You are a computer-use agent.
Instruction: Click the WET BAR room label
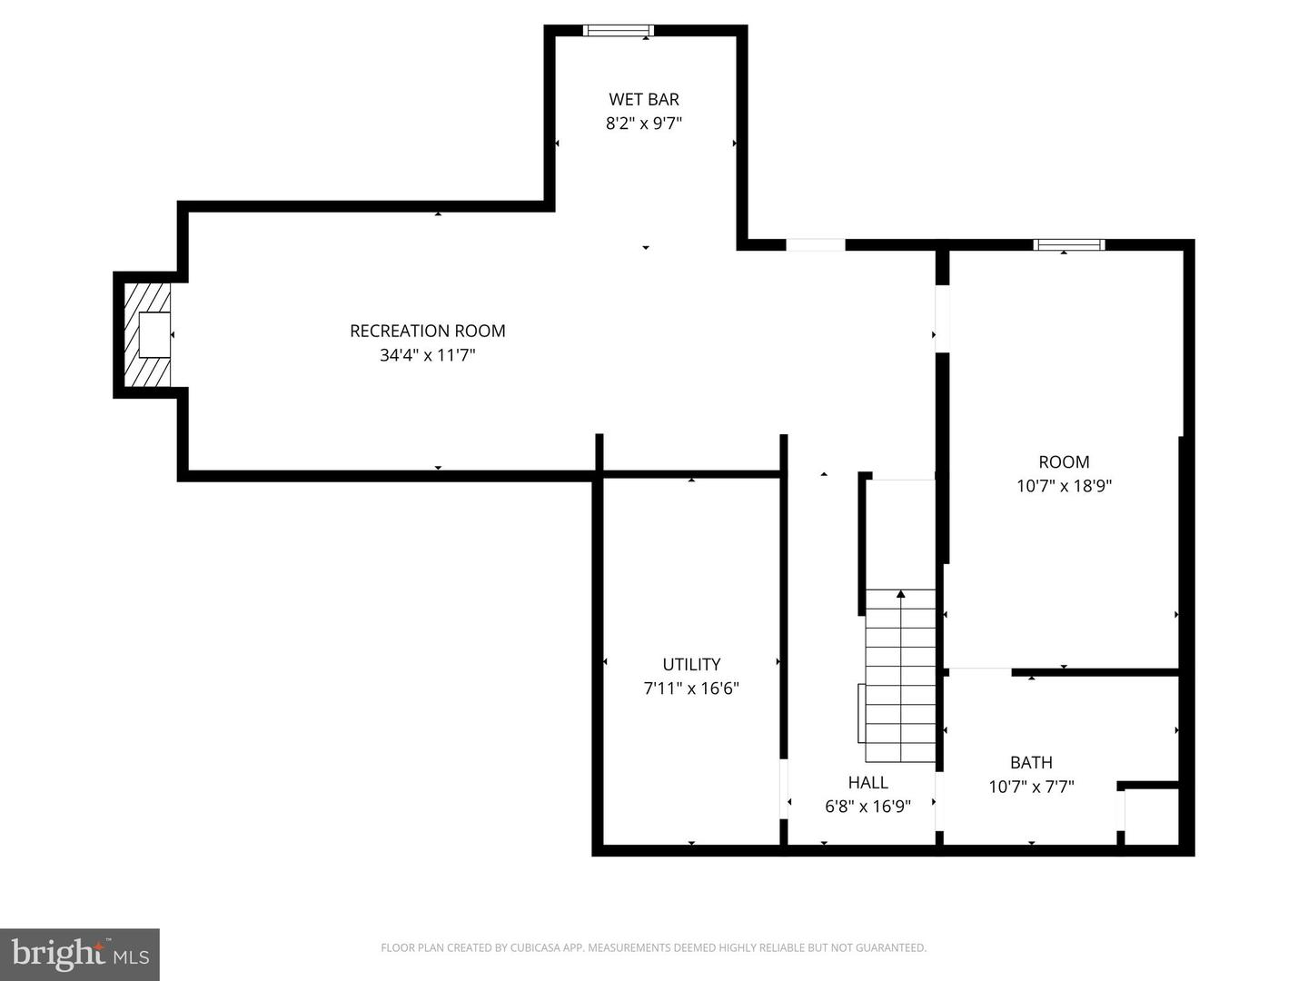(644, 99)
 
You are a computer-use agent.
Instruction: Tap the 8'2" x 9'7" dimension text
(644, 124)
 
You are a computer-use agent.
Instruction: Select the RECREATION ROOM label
(427, 331)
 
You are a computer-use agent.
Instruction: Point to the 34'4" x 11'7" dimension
(427, 355)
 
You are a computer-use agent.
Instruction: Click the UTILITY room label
(691, 664)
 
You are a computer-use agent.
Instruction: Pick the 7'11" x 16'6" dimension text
(691, 689)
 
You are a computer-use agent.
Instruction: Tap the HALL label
(867, 782)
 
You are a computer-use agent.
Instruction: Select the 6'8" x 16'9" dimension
(867, 806)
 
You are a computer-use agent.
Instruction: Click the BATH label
(1031, 762)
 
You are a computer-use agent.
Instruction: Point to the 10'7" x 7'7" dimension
(1031, 787)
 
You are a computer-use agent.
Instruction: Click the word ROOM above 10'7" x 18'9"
(1064, 461)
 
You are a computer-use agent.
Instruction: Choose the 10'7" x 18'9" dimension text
(1064, 486)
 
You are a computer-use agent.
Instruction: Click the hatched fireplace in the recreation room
(147, 335)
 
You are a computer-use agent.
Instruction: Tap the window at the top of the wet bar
(618, 30)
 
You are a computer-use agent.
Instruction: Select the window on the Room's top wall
(1068, 245)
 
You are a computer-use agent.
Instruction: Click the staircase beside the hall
(900, 676)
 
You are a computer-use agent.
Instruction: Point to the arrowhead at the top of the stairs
(900, 594)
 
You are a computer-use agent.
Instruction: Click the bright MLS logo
(80, 954)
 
